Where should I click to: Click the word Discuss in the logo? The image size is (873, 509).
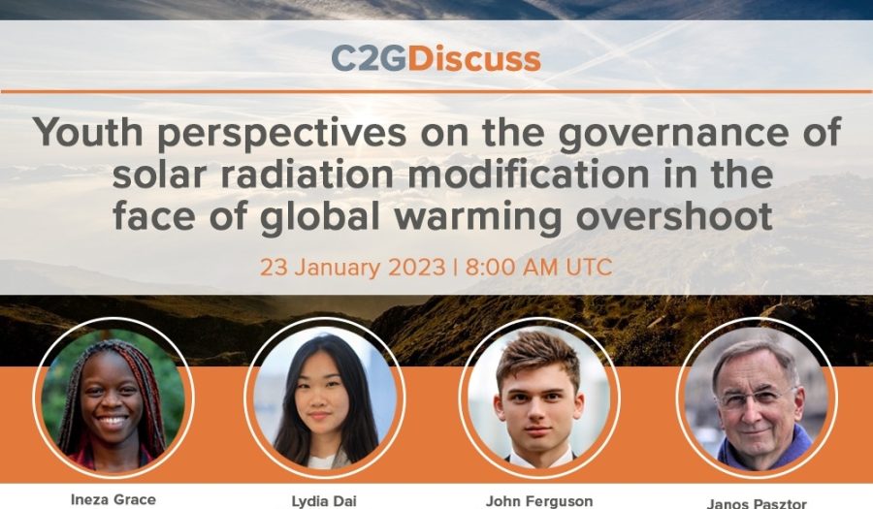pos(473,59)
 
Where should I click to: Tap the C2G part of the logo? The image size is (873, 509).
pos(370,59)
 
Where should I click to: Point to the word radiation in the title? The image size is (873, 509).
pos(307,175)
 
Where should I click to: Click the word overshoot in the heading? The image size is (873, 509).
pos(674,216)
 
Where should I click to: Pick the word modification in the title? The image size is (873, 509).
pos(529,175)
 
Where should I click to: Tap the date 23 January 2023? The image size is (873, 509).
pos(353,268)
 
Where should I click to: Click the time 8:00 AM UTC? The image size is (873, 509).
pos(539,268)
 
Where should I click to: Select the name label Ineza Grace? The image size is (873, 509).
pos(113,499)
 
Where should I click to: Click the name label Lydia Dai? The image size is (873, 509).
pos(324,501)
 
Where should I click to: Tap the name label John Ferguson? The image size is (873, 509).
pos(539,501)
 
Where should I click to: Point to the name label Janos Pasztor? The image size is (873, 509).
pos(757,503)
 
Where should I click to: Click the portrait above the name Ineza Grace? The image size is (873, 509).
pos(113,398)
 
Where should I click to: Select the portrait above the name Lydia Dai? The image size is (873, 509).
pos(325,398)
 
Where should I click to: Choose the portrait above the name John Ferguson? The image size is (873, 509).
pos(539,398)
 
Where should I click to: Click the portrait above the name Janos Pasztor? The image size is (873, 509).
pos(757,398)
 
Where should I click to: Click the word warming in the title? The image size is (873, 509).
pos(478,217)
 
